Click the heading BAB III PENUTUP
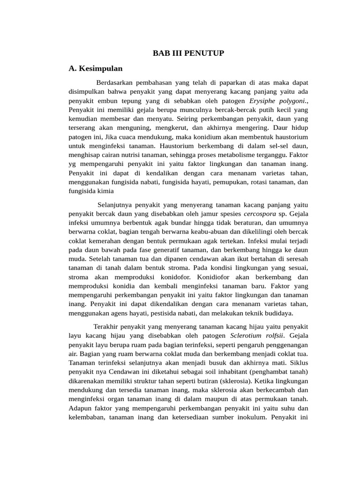[x=188, y=53]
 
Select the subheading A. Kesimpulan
[x=96, y=68]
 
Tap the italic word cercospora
[x=259, y=213]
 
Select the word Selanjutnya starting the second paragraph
[x=117, y=204]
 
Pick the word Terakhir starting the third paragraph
[x=106, y=326]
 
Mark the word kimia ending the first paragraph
[x=105, y=191]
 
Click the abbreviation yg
[x=74, y=164]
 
